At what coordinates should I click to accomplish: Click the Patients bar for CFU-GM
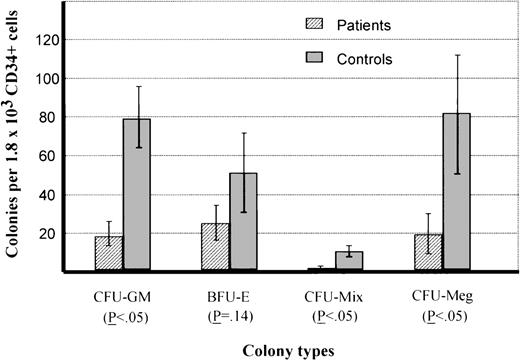click(x=109, y=253)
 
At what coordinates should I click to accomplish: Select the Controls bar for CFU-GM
click(x=137, y=195)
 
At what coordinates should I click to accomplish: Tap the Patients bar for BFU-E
click(x=215, y=247)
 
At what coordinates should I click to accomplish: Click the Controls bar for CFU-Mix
click(x=349, y=261)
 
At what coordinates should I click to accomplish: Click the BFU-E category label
click(x=230, y=296)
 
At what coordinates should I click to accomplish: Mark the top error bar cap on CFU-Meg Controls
click(x=457, y=55)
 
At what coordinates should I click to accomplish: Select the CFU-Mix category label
click(x=336, y=296)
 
